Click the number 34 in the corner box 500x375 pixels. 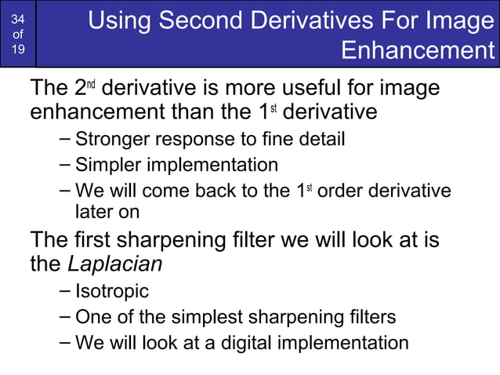[x=17, y=18]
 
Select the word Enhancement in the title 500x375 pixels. [x=419, y=52]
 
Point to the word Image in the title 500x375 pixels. [x=461, y=20]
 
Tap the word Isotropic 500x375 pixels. [x=112, y=292]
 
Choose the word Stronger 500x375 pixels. [x=109, y=140]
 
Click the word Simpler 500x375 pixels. [x=104, y=166]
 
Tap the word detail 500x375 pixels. [x=318, y=140]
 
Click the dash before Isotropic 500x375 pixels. [x=65, y=291]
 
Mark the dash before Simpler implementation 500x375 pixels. [x=65, y=165]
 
